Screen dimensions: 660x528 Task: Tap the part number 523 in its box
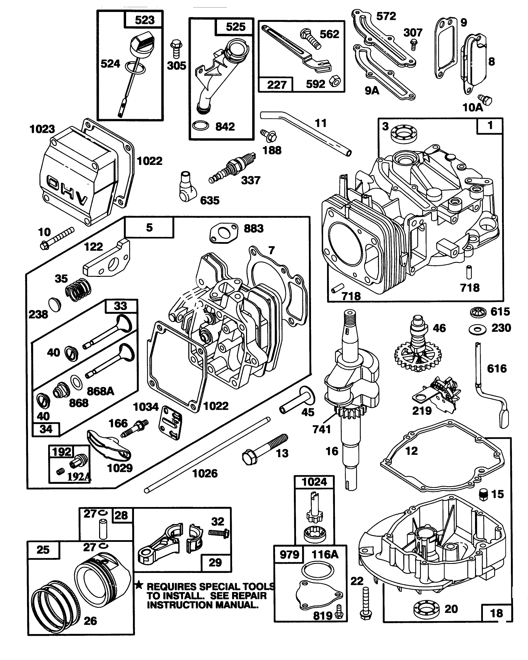coord(145,20)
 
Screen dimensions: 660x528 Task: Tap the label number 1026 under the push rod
coord(205,473)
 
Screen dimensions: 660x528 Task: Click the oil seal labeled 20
coord(425,608)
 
